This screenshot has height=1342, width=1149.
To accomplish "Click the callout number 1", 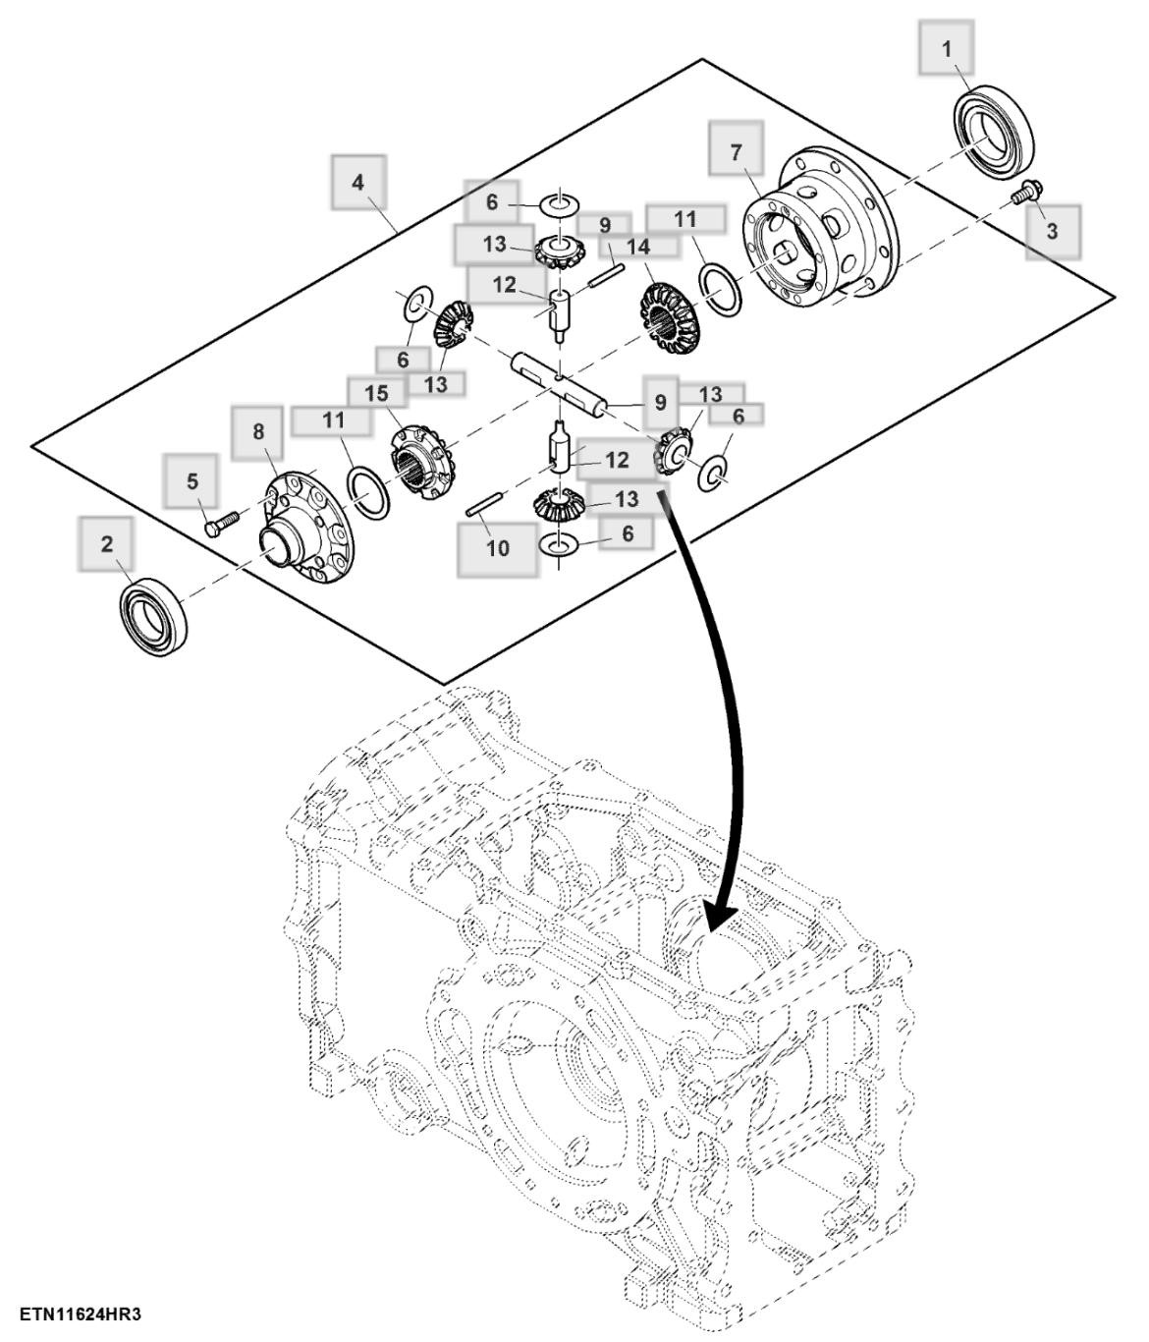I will point(947,48).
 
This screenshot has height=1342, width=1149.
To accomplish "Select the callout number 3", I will point(1052,232).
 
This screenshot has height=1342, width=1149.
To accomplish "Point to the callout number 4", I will point(357,182).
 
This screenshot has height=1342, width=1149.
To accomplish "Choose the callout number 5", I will point(192,480).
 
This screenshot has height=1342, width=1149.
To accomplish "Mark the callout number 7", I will point(737,151).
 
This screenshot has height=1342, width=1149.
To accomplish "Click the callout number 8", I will point(258,431).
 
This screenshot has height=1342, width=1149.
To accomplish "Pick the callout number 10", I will point(498,547).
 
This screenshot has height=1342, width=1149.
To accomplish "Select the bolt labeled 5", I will point(222,523).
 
